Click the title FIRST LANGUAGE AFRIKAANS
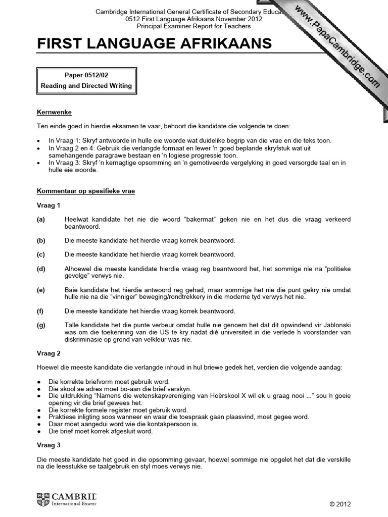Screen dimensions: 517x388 (x=155, y=44)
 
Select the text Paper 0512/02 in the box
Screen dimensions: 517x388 (x=86, y=75)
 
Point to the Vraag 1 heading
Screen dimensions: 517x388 (x=48, y=206)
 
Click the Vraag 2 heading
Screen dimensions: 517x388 (x=48, y=353)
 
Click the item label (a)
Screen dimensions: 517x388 (x=41, y=219)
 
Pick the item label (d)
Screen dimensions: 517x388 (x=41, y=269)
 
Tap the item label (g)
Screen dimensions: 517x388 (x=41, y=326)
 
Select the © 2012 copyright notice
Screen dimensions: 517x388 (x=339, y=504)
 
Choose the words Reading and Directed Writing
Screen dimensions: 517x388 (x=86, y=86)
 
